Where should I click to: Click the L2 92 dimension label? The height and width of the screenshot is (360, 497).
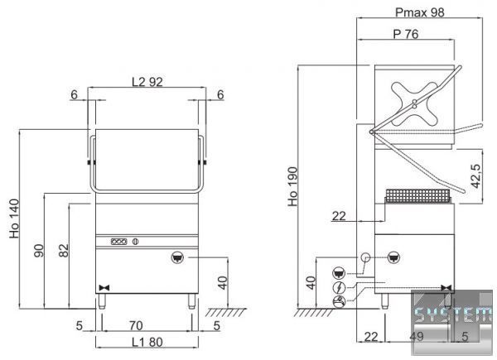[x=147, y=82]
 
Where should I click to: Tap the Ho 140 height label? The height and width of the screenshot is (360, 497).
[x=14, y=218]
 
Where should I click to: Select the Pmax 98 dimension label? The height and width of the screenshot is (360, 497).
[x=420, y=12]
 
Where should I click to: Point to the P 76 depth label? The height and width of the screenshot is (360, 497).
[x=406, y=34]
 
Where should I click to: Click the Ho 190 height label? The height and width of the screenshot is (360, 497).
[x=293, y=186]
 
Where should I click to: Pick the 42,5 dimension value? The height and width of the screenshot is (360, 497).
[x=475, y=176]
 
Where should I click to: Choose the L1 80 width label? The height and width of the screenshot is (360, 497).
[x=147, y=342]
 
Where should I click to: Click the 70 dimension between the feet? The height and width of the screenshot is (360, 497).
[x=136, y=325]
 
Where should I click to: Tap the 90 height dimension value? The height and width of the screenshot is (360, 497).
[x=39, y=251]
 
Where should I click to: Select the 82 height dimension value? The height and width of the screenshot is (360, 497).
[x=64, y=250]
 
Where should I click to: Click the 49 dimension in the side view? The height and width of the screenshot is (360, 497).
[x=416, y=336]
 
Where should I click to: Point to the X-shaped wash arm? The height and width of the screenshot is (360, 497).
[x=414, y=103]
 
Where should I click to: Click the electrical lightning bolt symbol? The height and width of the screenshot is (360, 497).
[x=340, y=287]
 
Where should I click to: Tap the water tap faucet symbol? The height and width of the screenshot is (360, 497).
[x=340, y=301]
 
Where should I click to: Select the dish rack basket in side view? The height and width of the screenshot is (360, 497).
[x=417, y=196]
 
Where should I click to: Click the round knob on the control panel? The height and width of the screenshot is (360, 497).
[x=135, y=242]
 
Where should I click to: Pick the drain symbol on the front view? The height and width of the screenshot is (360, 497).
[x=177, y=257]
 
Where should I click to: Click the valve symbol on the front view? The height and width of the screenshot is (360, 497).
[x=104, y=288]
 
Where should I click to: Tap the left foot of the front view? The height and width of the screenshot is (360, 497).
[x=101, y=301]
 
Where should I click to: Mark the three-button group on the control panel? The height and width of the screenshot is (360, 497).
[x=118, y=242]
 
